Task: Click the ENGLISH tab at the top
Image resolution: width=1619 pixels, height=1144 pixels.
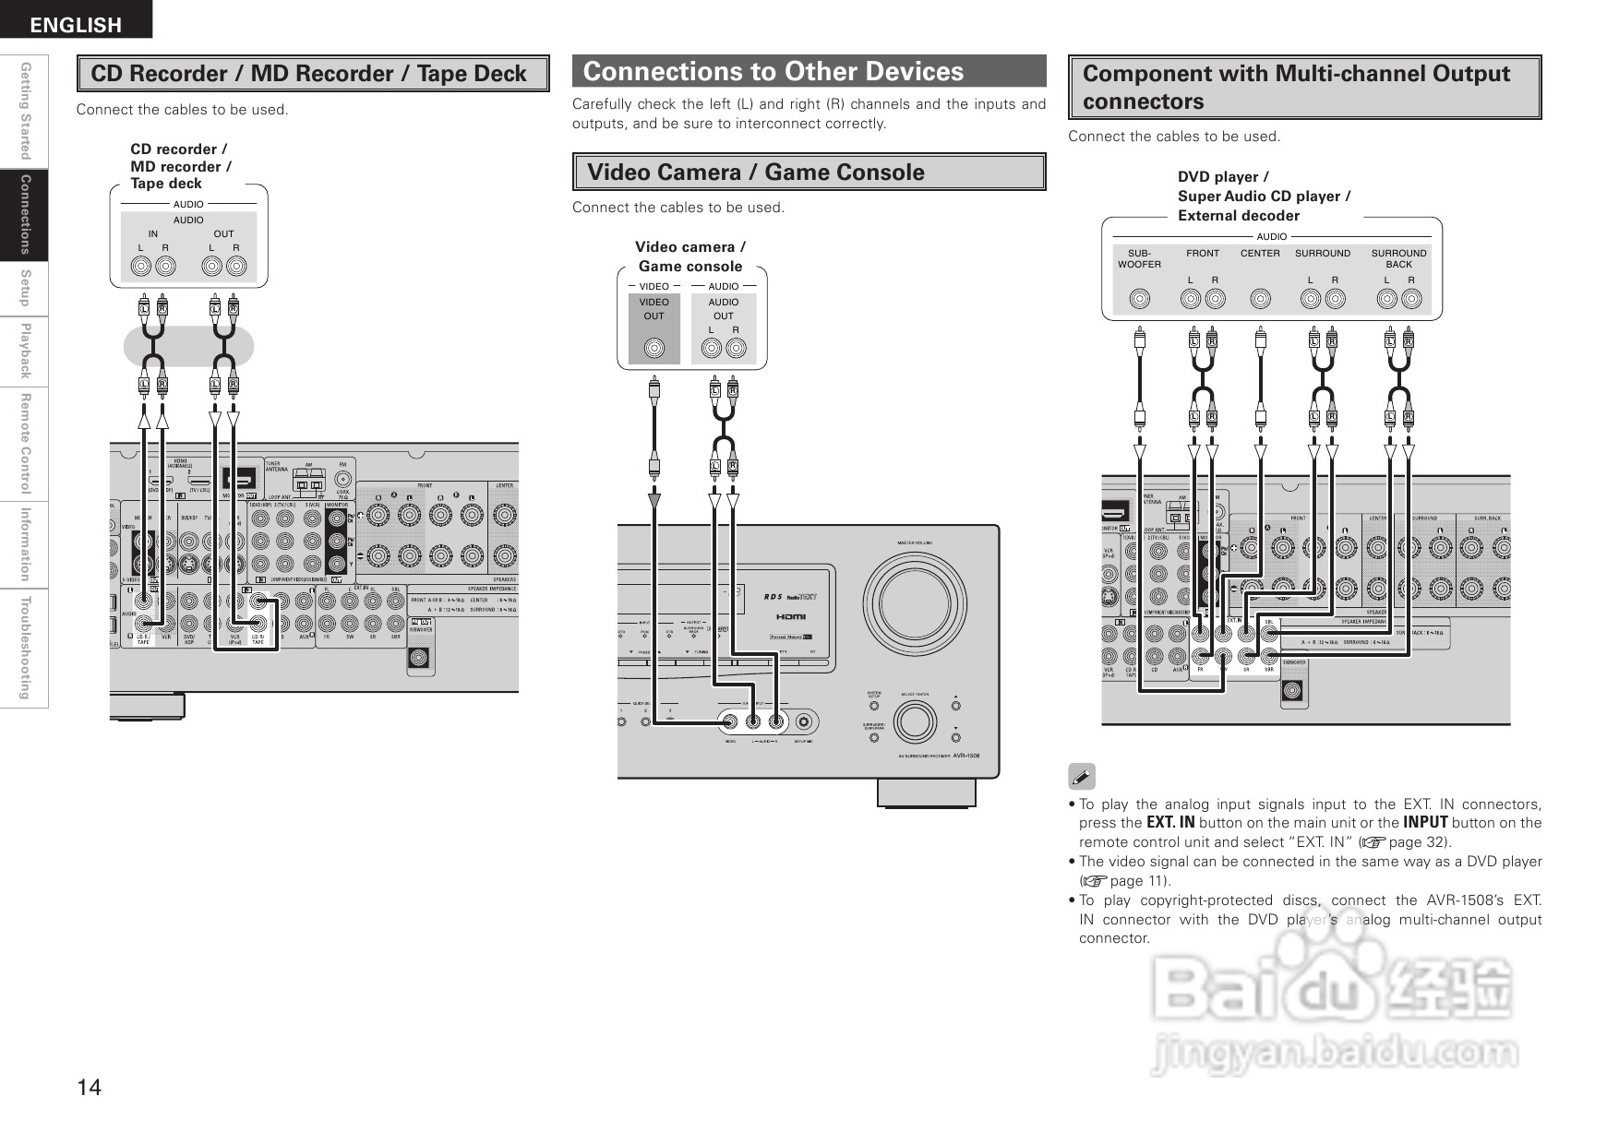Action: [76, 25]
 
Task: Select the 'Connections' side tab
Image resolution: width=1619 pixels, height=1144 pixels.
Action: [25, 214]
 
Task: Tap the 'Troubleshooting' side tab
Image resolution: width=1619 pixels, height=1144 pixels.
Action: [25, 648]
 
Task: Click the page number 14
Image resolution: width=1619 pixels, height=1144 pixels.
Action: [89, 1087]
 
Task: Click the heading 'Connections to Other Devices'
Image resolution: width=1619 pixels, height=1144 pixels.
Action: [774, 72]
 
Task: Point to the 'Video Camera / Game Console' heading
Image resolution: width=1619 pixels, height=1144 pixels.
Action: [756, 173]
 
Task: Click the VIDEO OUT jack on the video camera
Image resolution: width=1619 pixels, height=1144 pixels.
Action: [654, 349]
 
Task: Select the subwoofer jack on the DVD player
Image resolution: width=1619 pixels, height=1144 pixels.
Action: [1141, 299]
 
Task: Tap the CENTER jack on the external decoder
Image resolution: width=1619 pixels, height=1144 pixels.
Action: [1260, 299]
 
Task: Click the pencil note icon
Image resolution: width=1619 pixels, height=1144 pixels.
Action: [1081, 777]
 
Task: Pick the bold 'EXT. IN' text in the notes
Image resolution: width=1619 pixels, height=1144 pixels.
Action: [1170, 823]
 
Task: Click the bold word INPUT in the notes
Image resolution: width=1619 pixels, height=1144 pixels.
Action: [1425, 823]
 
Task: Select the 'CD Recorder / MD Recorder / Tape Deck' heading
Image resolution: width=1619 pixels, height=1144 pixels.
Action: [308, 74]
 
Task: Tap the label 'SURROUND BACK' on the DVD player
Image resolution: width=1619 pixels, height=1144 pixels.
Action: [1398, 258]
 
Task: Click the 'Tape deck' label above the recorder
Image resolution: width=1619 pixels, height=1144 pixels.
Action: [166, 184]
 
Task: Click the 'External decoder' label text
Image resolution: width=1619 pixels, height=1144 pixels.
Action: [1238, 216]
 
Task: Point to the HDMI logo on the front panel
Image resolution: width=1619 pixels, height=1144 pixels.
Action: [791, 616]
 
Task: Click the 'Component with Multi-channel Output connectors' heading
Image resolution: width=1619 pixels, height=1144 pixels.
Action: [1296, 87]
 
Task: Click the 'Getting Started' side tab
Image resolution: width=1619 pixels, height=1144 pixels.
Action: [25, 111]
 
